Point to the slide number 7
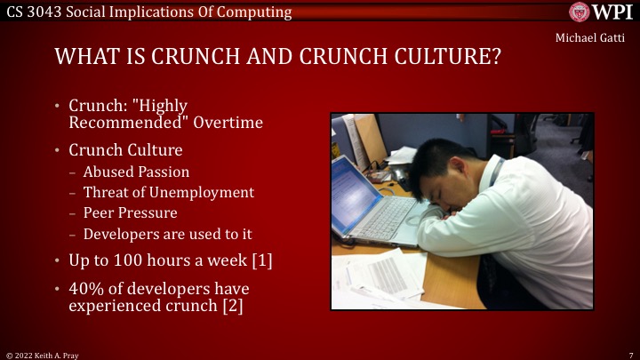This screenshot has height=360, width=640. tap(630, 354)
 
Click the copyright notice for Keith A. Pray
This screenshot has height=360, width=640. tap(42, 354)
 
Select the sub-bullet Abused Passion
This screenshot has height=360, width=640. tap(136, 172)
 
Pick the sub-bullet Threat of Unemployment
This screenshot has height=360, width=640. tap(168, 192)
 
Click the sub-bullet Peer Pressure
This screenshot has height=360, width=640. tap(130, 213)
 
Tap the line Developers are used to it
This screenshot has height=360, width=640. tap(168, 234)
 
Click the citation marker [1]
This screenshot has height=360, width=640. tap(262, 261)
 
